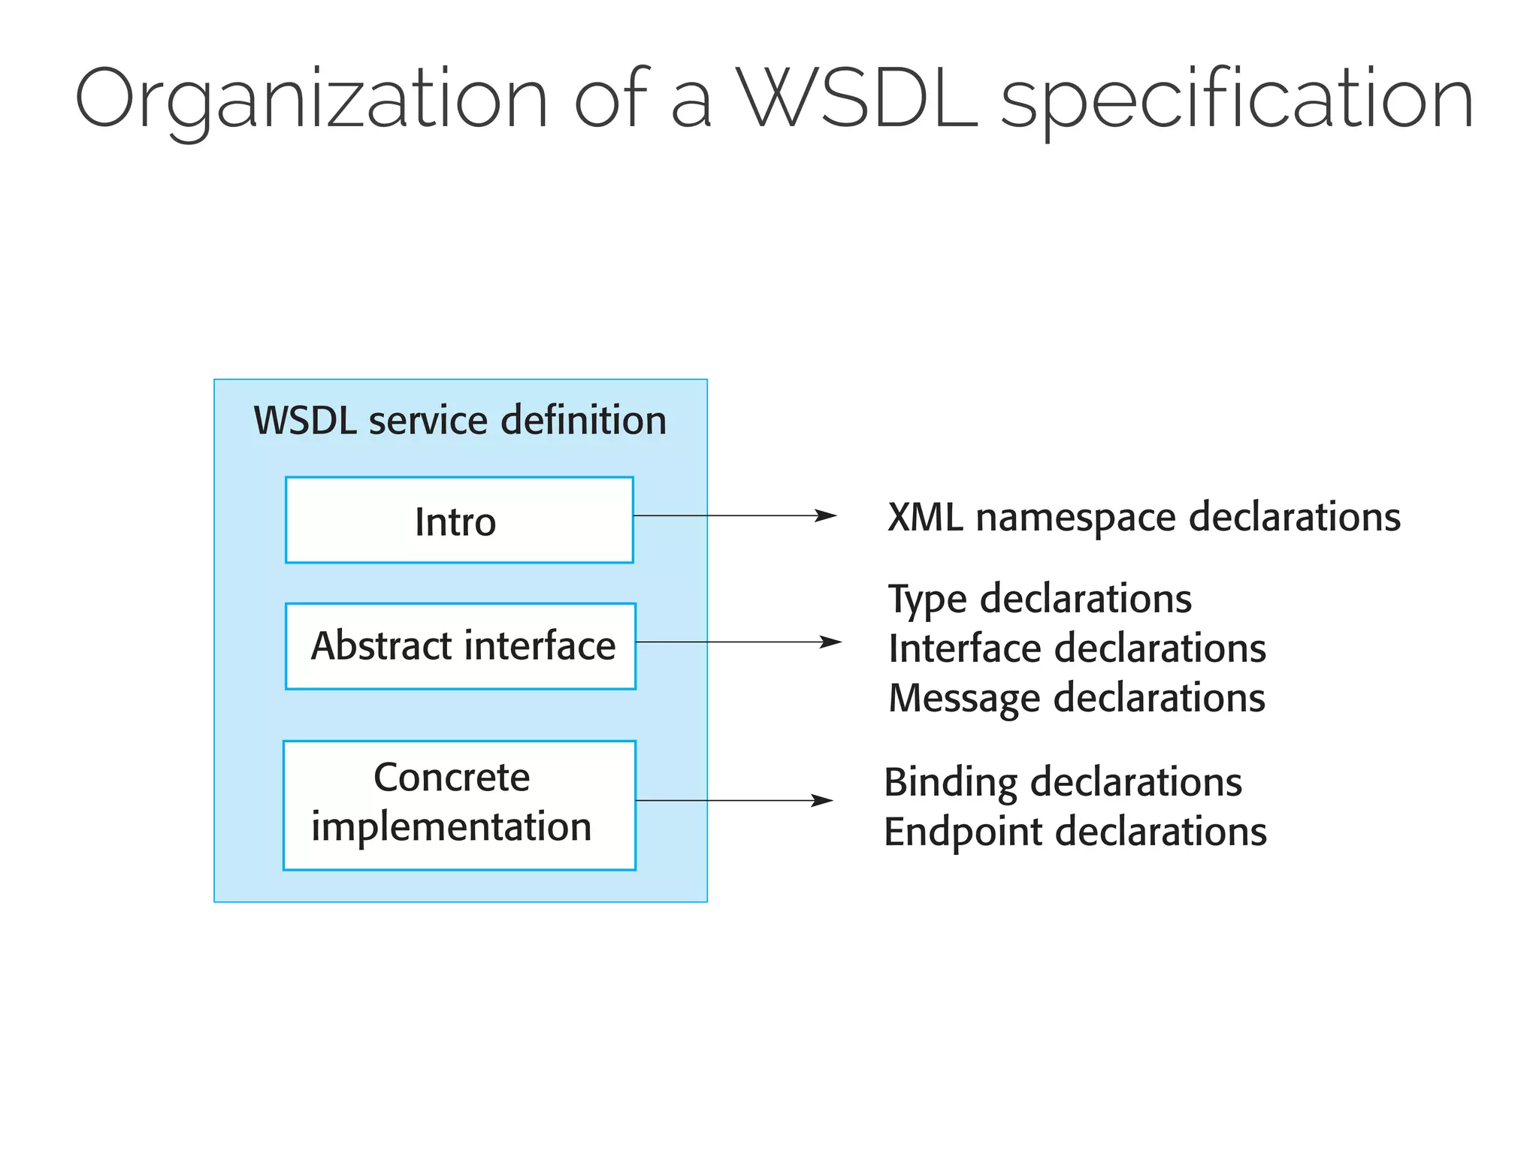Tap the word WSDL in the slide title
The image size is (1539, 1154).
tap(857, 99)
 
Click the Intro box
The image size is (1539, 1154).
tap(459, 520)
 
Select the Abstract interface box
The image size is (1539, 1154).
tap(461, 646)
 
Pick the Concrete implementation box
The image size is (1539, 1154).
tap(459, 805)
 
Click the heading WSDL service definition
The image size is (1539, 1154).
tap(460, 420)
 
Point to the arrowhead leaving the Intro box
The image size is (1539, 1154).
tap(827, 515)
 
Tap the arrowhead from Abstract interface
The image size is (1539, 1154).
tap(832, 642)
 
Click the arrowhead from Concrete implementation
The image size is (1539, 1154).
tap(824, 800)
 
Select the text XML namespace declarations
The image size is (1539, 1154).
tap(1144, 517)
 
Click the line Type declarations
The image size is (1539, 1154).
tap(1040, 599)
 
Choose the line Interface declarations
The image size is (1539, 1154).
tap(1077, 648)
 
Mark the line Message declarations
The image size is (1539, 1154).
tap(1077, 698)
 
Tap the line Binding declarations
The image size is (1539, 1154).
tap(1063, 782)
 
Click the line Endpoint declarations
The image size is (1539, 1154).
tap(1075, 832)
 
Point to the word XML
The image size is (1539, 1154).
tap(924, 517)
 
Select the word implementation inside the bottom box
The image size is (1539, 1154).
tap(452, 827)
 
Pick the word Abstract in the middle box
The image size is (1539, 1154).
tap(381, 646)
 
